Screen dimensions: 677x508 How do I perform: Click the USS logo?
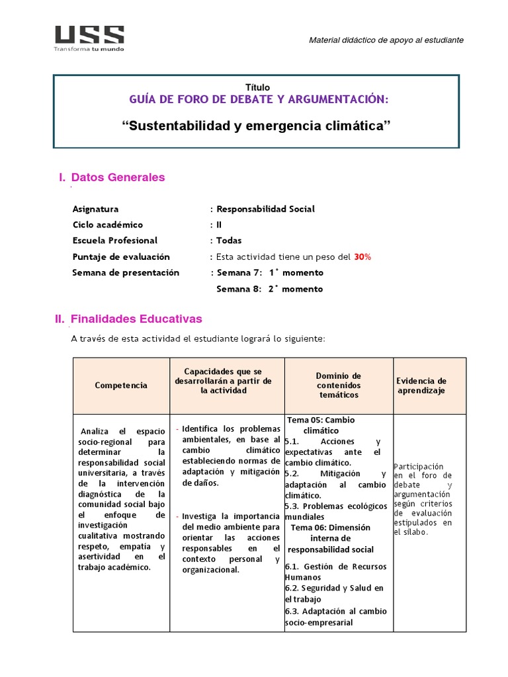pyautogui.click(x=89, y=38)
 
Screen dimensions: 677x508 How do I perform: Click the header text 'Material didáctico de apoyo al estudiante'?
pyautogui.click(x=386, y=40)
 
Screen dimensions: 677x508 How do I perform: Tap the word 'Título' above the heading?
pyautogui.click(x=257, y=87)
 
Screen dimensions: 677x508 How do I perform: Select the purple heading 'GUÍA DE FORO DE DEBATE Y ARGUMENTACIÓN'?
pyautogui.click(x=257, y=99)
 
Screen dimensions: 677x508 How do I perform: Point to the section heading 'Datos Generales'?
pyautogui.click(x=118, y=177)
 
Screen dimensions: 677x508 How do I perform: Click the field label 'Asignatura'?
pyautogui.click(x=95, y=209)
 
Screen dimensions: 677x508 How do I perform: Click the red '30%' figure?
pyautogui.click(x=362, y=257)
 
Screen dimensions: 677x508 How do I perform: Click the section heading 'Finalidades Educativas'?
pyautogui.click(x=136, y=319)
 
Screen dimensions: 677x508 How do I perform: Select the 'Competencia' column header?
pyautogui.click(x=121, y=385)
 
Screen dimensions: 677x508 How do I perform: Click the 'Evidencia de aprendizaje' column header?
pyautogui.click(x=421, y=385)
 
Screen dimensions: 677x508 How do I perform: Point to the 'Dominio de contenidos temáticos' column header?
pyautogui.click(x=338, y=385)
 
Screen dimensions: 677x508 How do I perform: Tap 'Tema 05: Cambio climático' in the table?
pyautogui.click(x=321, y=425)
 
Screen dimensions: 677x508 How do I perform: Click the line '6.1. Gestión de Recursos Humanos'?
pyautogui.click(x=335, y=572)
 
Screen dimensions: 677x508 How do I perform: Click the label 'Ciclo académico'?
pyautogui.click(x=107, y=225)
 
